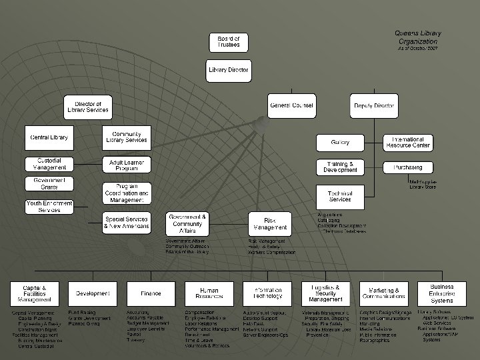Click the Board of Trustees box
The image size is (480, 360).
(x=229, y=43)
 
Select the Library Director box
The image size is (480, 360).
(x=229, y=70)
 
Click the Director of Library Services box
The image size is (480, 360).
(x=88, y=107)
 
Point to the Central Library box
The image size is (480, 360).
(x=49, y=137)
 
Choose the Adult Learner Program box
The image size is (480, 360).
(x=127, y=165)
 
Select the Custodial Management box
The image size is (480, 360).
(x=49, y=164)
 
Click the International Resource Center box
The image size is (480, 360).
(x=407, y=142)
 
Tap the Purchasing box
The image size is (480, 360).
(x=407, y=167)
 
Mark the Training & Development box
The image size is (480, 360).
(x=340, y=167)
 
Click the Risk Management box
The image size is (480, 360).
(x=269, y=223)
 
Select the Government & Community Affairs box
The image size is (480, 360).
(x=187, y=223)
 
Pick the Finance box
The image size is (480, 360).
(x=151, y=293)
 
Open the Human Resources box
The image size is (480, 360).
(x=209, y=293)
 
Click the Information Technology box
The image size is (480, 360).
(x=267, y=293)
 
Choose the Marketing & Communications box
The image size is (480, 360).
(x=384, y=293)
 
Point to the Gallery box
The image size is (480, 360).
(x=340, y=142)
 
